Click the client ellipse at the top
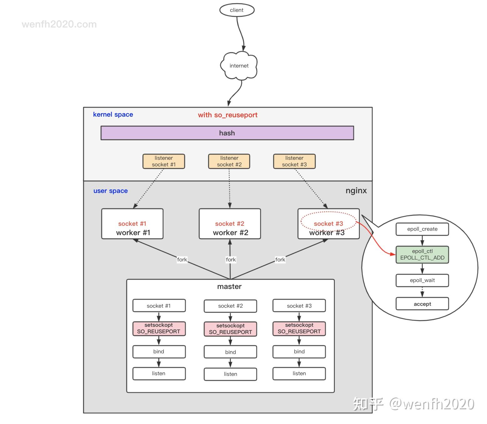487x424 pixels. click(237, 10)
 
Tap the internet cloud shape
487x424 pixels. click(239, 66)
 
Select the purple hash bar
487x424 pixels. click(227, 133)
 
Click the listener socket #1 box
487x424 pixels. click(163, 161)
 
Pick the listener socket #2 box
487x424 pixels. click(229, 161)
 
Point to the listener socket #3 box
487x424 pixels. click(294, 161)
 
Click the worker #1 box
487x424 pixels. click(132, 224)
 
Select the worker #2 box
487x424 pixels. click(230, 224)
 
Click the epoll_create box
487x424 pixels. click(422, 229)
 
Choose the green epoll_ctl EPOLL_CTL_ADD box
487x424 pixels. click(422, 255)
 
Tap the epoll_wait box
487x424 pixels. click(422, 280)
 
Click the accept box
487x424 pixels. click(422, 304)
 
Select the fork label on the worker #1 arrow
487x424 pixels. click(182, 260)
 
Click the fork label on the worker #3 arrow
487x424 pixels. click(280, 260)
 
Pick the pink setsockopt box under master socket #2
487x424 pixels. click(230, 329)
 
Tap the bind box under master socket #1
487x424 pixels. click(159, 352)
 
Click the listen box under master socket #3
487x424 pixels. click(299, 374)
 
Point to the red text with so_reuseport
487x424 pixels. click(228, 115)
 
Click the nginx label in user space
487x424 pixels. click(356, 191)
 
